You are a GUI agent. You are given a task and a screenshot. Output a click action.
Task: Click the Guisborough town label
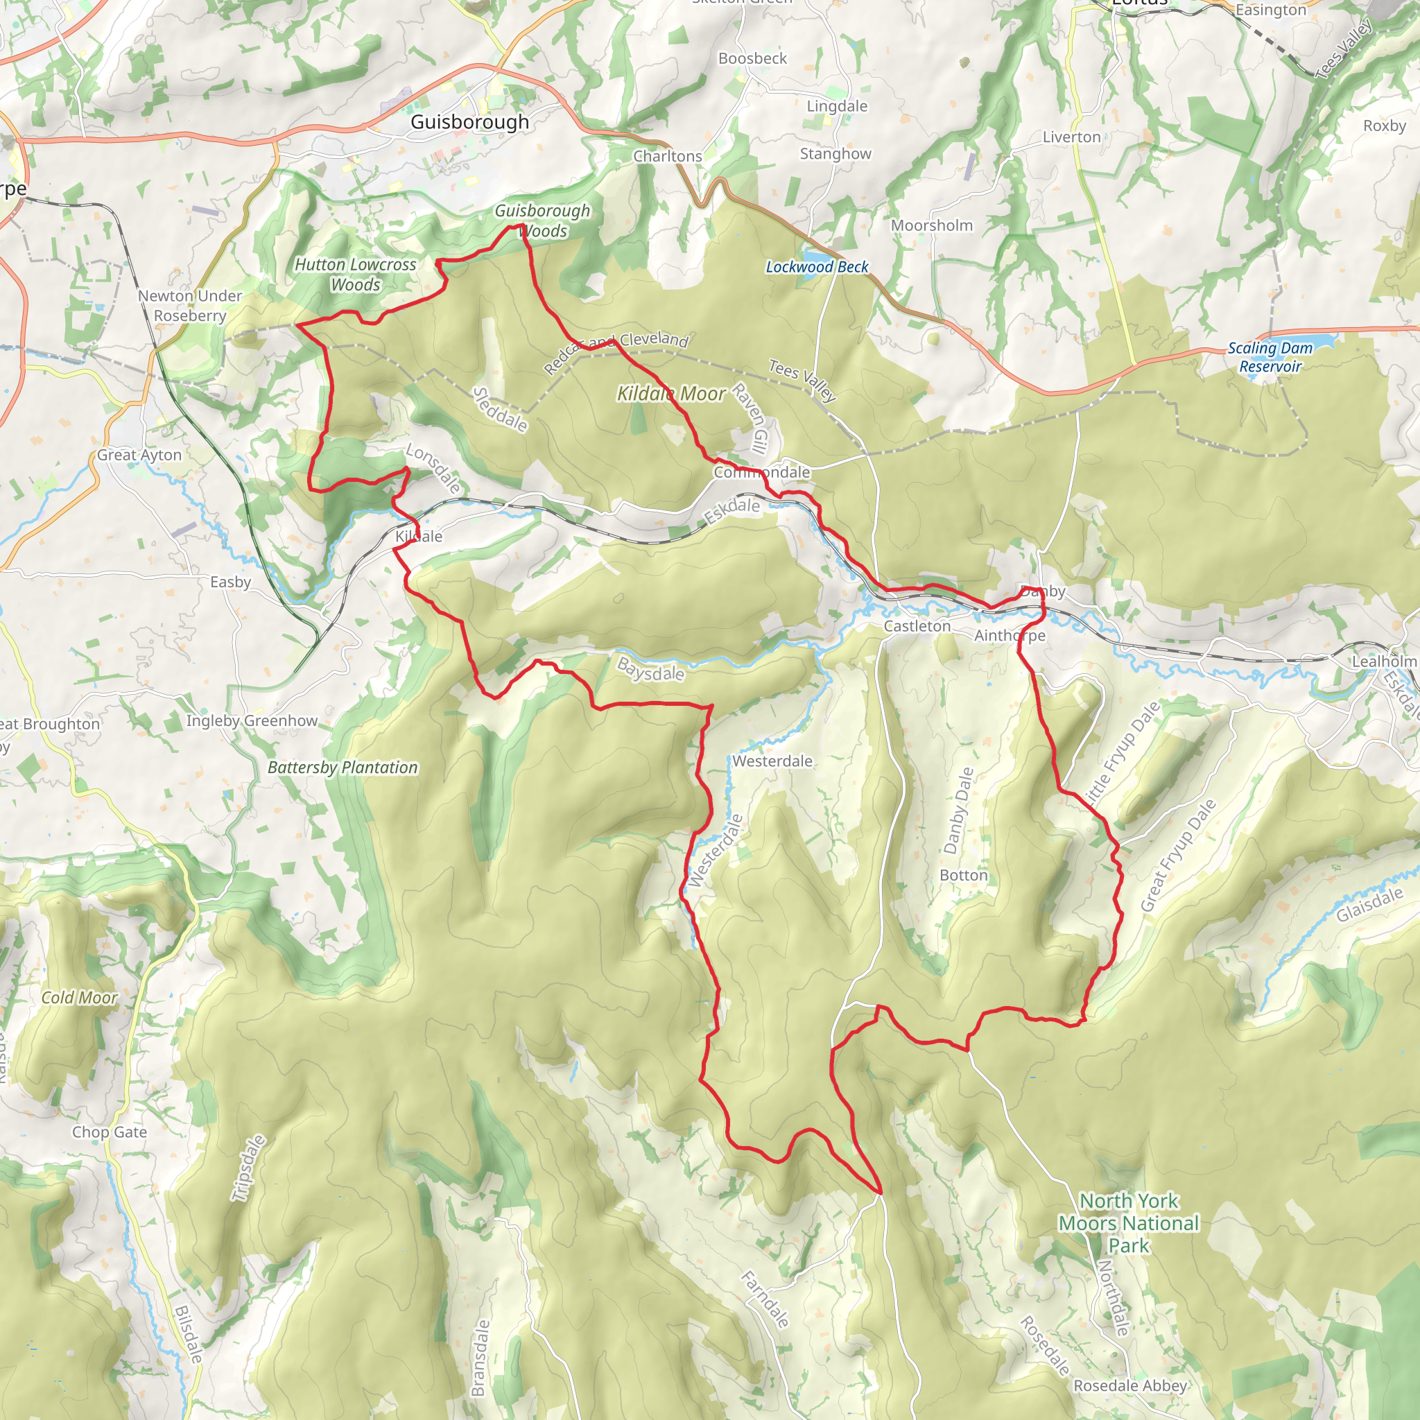point(469,122)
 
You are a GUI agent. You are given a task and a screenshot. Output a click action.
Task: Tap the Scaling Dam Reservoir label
point(1270,357)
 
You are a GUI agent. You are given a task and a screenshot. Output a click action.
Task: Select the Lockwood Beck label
point(817,267)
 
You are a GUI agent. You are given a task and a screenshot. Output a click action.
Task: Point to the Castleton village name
point(917,626)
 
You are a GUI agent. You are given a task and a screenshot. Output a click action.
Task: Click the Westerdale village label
point(772,761)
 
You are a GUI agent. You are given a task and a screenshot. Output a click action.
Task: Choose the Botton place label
point(963,876)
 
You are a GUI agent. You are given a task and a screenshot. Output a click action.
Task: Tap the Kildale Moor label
point(671,394)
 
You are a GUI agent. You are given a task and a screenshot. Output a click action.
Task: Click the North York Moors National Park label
point(1128,1223)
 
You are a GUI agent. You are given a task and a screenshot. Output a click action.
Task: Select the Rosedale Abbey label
point(1129,1385)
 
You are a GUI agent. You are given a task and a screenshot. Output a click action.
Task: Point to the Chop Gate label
point(109,1132)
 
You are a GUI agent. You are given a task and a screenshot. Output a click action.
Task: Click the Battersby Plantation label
point(343,768)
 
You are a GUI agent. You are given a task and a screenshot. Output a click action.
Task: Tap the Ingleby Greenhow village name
point(252,720)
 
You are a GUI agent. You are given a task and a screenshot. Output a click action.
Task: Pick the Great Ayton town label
point(139,455)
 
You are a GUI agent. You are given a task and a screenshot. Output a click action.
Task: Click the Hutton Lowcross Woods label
point(355,274)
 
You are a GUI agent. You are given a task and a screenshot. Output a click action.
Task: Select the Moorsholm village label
point(931,225)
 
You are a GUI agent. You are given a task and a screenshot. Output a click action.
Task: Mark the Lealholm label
point(1384,661)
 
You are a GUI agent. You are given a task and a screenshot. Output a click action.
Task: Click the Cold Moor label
point(78,997)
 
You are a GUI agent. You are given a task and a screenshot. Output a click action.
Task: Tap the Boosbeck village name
point(752,58)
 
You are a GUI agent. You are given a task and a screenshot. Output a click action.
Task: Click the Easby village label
point(230,582)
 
